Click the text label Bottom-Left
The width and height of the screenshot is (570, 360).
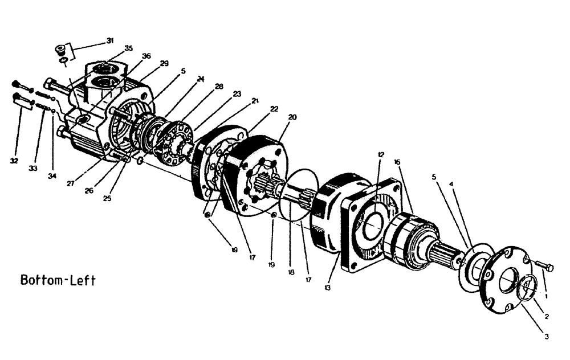pos(58,280)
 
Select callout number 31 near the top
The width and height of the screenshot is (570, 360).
pos(109,40)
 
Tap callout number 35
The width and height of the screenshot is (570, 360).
pos(128,48)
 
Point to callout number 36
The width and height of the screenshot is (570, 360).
pos(146,56)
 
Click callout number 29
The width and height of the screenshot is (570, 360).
pos(164,63)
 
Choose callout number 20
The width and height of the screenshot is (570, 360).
pos(292,117)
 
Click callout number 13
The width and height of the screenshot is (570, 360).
pos(328,288)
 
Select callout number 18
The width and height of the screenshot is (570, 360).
pos(291,273)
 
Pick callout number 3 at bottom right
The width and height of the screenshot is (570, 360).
pos(546,336)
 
